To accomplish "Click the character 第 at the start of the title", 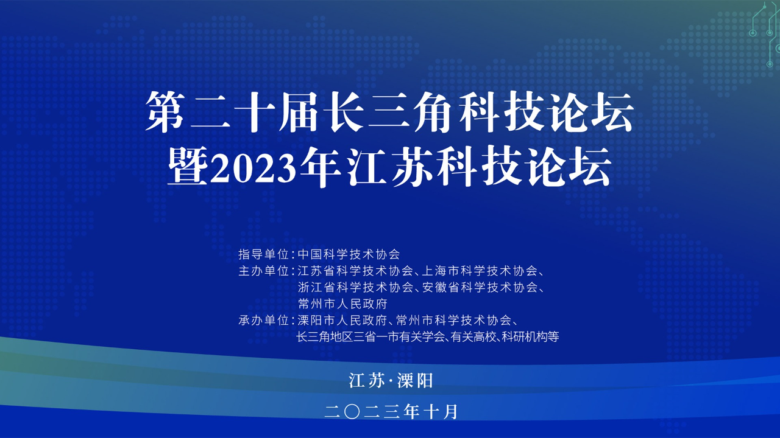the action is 165,112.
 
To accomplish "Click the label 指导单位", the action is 264,254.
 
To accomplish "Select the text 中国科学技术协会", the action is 349,254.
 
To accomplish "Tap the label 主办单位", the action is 264,271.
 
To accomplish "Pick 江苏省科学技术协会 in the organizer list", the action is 355,271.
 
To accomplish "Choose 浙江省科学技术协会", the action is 355,288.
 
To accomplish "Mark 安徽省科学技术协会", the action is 480,288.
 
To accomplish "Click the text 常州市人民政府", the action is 342,304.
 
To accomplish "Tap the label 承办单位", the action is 264,320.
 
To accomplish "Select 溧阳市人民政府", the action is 342,320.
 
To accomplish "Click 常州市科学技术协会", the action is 454,320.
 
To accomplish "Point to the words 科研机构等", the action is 530,337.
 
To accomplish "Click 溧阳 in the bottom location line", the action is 415,381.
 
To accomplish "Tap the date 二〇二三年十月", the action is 391,412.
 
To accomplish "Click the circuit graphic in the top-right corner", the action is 764,33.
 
